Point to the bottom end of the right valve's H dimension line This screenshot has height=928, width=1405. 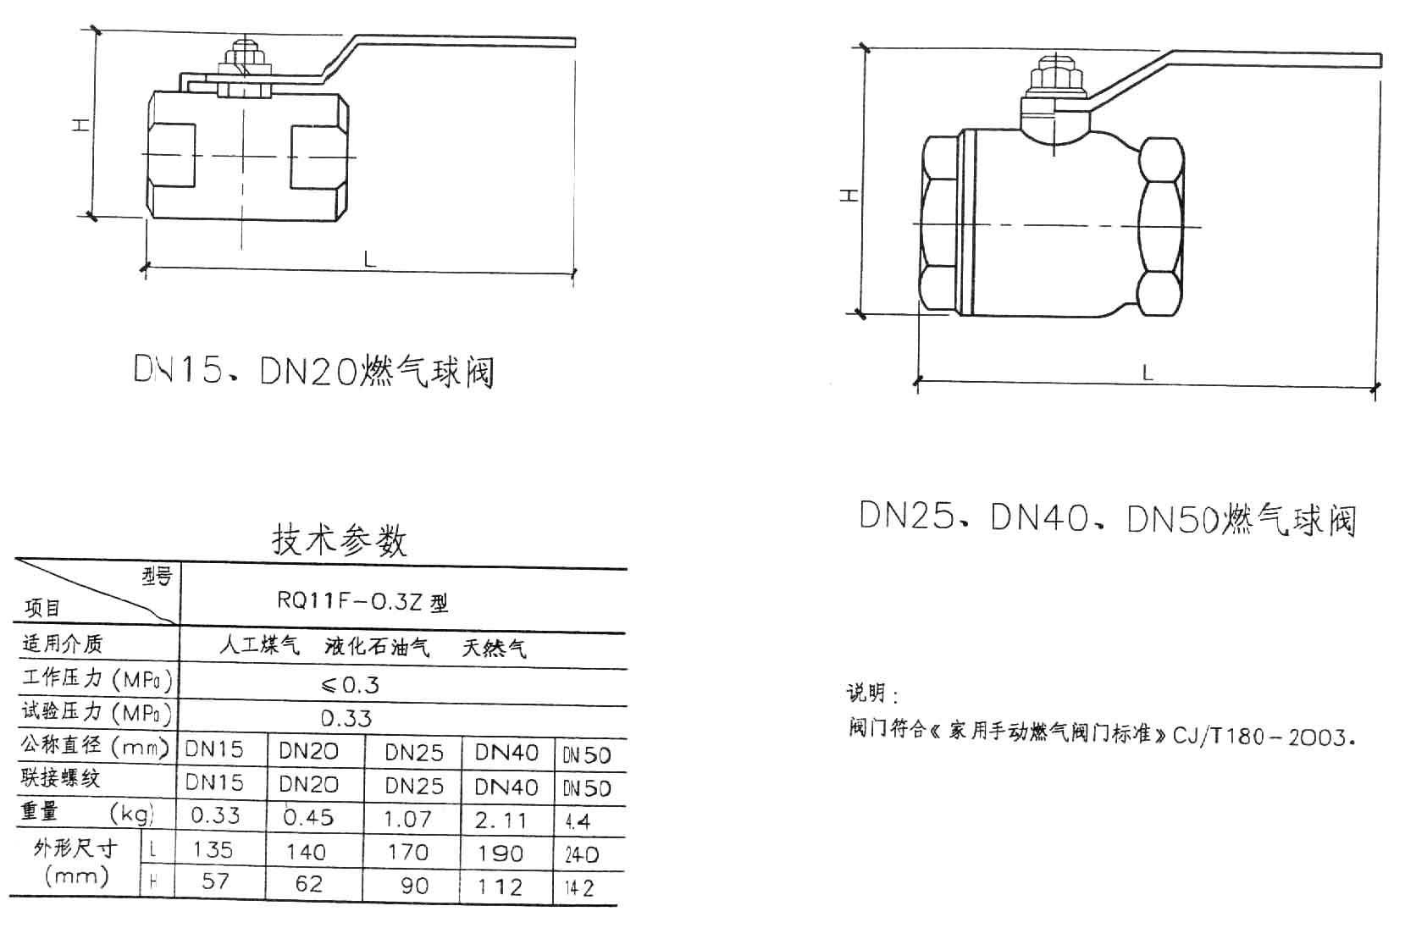pyautogui.click(x=860, y=313)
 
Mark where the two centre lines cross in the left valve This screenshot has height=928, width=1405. pyautogui.click(x=243, y=156)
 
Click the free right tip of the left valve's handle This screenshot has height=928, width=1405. pyautogui.click(x=574, y=42)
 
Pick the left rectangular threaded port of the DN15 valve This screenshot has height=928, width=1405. pyautogui.click(x=171, y=156)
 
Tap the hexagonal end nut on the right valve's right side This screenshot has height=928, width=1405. pyautogui.click(x=1161, y=226)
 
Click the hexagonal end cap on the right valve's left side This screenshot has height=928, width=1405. pyautogui.click(x=939, y=224)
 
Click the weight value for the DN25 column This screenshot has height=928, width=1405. pyautogui.click(x=407, y=819)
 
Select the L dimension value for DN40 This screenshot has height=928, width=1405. pyautogui.click(x=500, y=853)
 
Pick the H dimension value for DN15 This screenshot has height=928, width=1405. pyautogui.click(x=215, y=881)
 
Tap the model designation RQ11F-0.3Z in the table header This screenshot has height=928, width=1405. pyautogui.click(x=352, y=601)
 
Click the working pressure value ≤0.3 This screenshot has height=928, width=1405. pyautogui.click(x=350, y=685)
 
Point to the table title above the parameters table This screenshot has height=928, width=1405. pyautogui.click(x=340, y=540)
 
